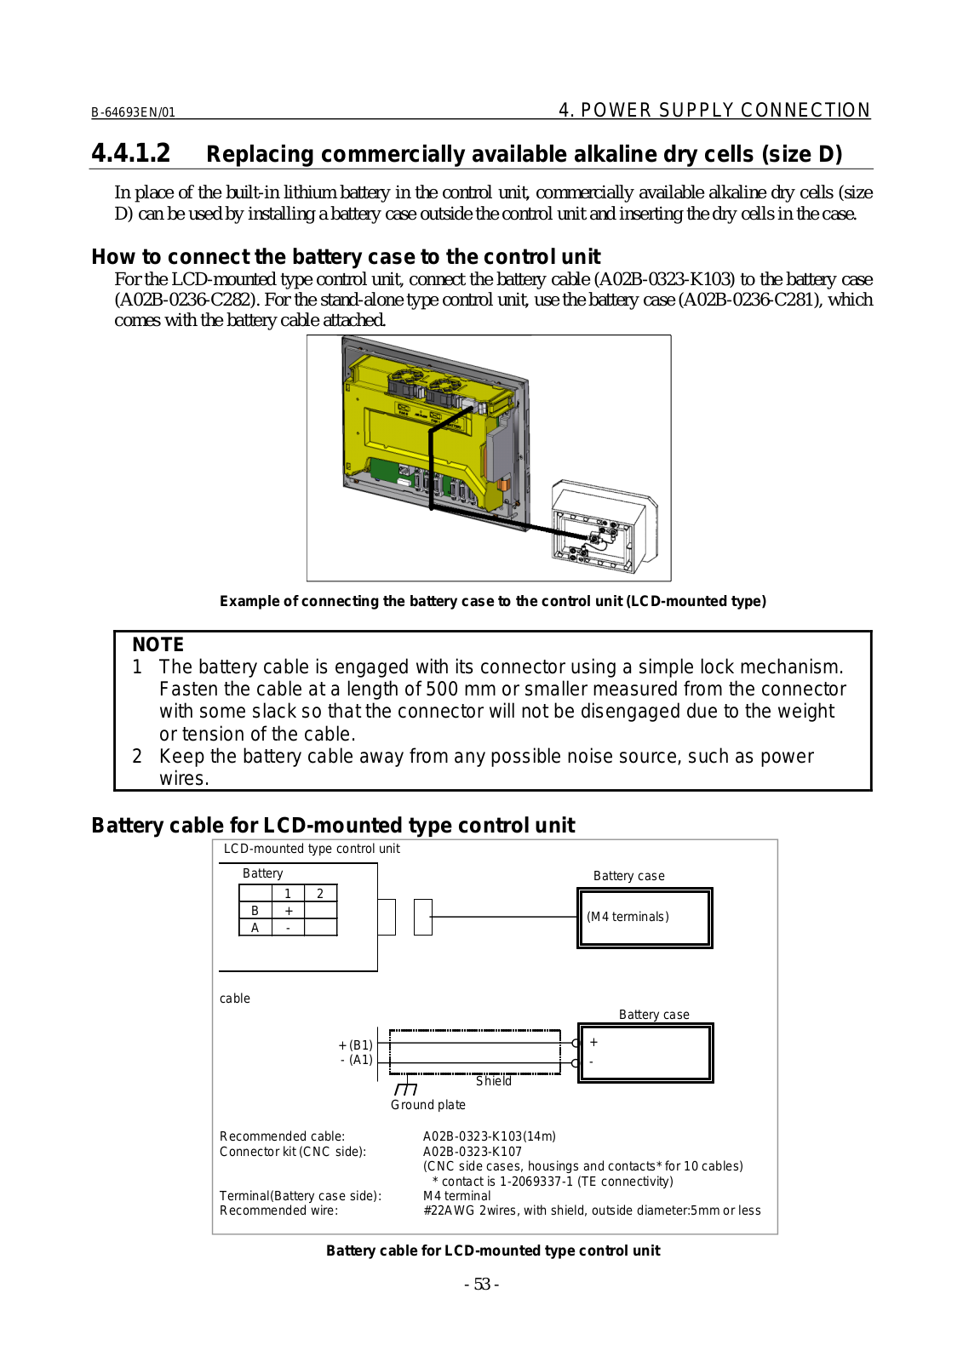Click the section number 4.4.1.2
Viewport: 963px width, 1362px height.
(x=130, y=153)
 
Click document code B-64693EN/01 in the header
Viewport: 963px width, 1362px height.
(x=133, y=112)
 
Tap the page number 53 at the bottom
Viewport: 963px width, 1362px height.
(x=482, y=1284)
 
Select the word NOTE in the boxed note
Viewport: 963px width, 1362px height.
(x=158, y=644)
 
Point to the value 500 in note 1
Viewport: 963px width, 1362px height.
(x=443, y=690)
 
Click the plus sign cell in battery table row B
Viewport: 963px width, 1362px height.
(x=289, y=911)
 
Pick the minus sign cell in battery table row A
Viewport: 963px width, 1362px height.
(x=289, y=928)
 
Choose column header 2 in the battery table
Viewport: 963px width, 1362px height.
(x=320, y=894)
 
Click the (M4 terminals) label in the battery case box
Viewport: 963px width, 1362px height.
(x=628, y=917)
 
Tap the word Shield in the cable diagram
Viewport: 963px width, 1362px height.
(x=494, y=1081)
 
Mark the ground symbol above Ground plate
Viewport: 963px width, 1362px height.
(x=406, y=1089)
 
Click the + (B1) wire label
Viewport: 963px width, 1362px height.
(x=355, y=1045)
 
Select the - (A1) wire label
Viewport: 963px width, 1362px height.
(x=357, y=1060)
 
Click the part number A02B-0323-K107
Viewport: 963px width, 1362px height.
(x=473, y=1152)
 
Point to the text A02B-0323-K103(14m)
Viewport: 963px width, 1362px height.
(x=490, y=1136)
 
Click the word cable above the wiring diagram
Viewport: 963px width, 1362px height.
(x=235, y=999)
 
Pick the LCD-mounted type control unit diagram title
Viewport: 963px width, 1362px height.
(x=312, y=849)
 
